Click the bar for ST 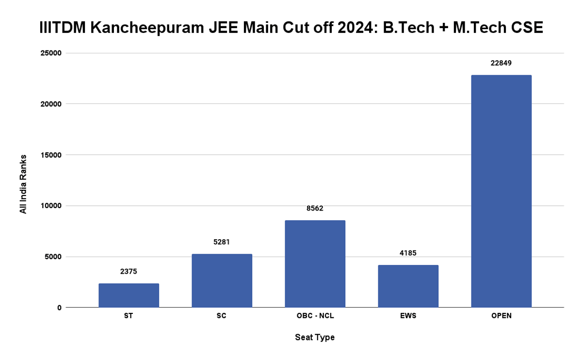[129, 295]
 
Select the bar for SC [222, 280]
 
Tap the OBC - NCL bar [315, 263]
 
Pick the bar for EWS [408, 286]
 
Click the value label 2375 [129, 271]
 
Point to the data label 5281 [222, 242]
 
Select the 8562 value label [315, 208]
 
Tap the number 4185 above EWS [408, 253]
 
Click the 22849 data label [501, 63]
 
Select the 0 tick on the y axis [59, 308]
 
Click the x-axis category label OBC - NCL [315, 316]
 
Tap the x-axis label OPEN [501, 316]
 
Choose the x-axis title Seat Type [315, 337]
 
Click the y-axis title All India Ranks [23, 184]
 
